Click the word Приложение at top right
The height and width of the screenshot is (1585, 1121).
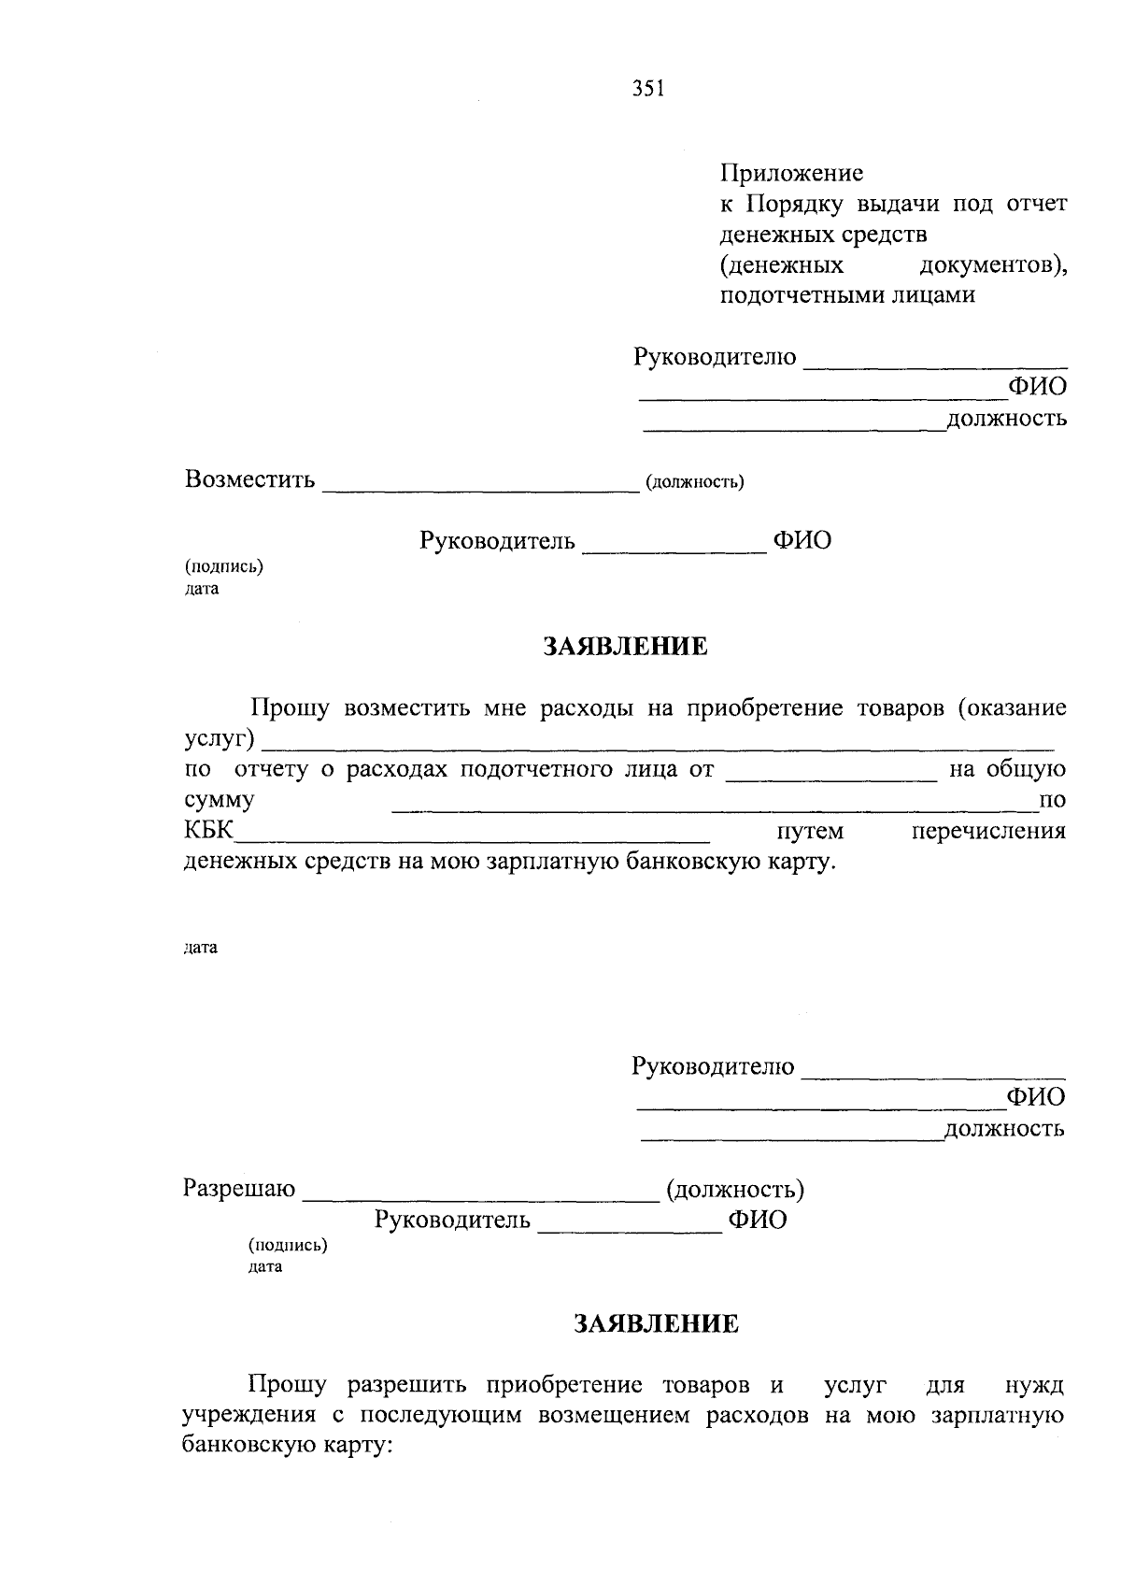pyautogui.click(x=791, y=173)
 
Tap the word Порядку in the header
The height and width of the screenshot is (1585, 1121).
pyautogui.click(x=796, y=204)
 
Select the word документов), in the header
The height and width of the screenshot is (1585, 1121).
pyautogui.click(x=993, y=265)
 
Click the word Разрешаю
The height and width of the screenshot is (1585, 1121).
pyautogui.click(x=239, y=1189)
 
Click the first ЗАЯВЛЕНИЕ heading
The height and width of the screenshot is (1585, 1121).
pyautogui.click(x=626, y=647)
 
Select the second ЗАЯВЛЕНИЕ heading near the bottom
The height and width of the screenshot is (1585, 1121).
pyautogui.click(x=656, y=1323)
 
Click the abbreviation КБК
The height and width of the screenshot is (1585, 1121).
pyautogui.click(x=208, y=831)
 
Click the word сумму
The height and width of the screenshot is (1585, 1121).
pyautogui.click(x=220, y=801)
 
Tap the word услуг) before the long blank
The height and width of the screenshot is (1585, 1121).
pyautogui.click(x=220, y=740)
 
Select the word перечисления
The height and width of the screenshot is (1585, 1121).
pyautogui.click(x=988, y=831)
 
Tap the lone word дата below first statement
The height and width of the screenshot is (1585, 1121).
pyautogui.click(x=201, y=948)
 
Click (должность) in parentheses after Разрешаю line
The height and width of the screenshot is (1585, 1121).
pyautogui.click(x=734, y=1190)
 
